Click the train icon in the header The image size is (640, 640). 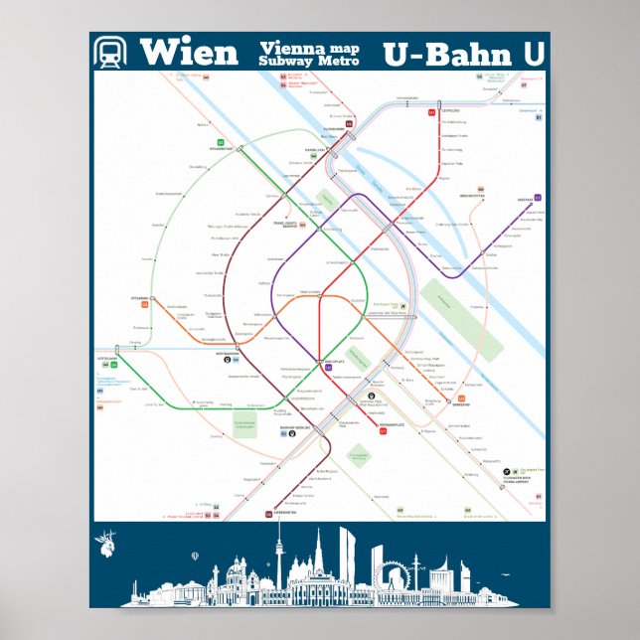(111, 52)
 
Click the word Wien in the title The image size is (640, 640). (189, 52)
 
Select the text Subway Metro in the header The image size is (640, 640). (308, 61)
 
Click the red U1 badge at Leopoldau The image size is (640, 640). (432, 112)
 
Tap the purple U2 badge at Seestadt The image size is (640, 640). (538, 198)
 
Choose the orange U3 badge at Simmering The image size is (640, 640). (460, 399)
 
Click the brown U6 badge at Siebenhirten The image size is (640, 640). (268, 514)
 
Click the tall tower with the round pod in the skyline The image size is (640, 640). (280, 557)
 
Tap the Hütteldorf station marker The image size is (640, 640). (118, 348)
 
